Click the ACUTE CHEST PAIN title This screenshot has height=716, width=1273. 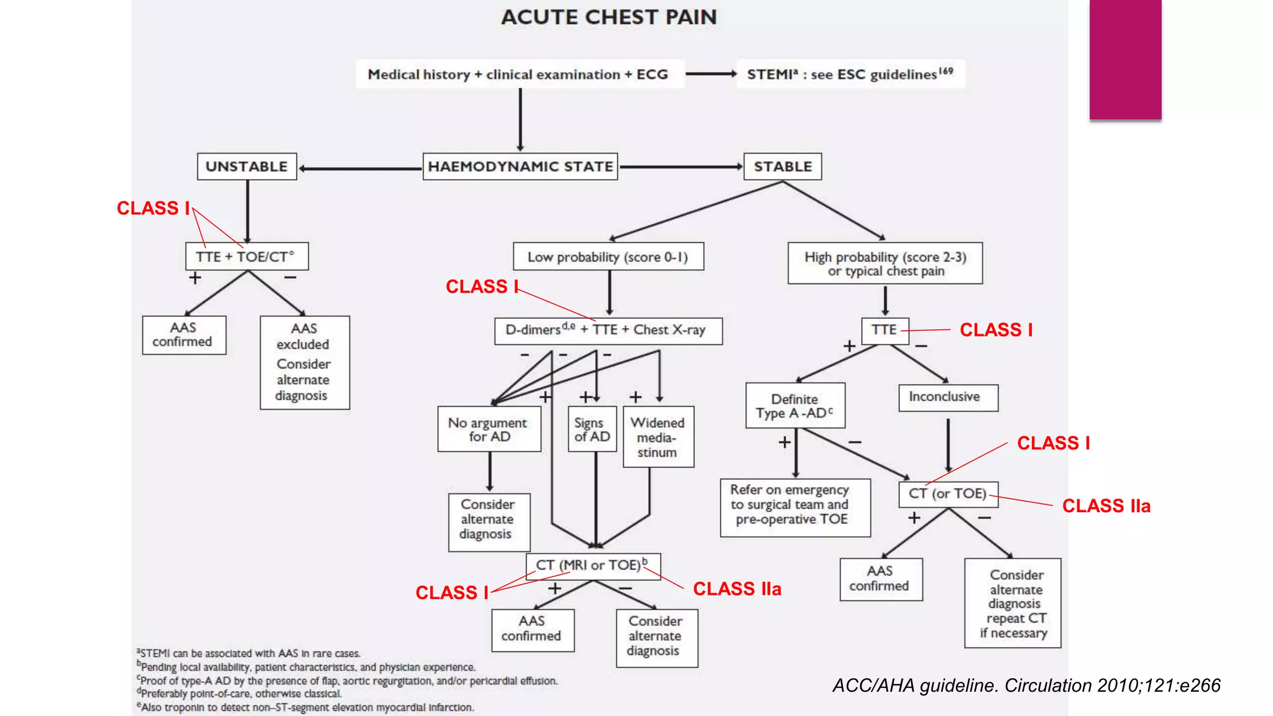pyautogui.click(x=609, y=17)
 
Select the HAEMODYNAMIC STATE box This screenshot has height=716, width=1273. pyautogui.click(x=520, y=167)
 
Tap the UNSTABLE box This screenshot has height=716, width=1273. pyautogui.click(x=247, y=167)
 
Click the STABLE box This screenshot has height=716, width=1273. pyautogui.click(x=783, y=167)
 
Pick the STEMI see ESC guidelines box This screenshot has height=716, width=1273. pyautogui.click(x=850, y=75)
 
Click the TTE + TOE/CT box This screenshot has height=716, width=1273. pyautogui.click(x=247, y=256)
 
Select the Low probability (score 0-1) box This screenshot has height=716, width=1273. pyautogui.click(x=608, y=257)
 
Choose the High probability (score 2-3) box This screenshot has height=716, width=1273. pyautogui.click(x=885, y=264)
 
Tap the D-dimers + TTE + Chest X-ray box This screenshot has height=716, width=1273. pyautogui.click(x=608, y=330)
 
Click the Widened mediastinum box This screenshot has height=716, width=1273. pyautogui.click(x=658, y=437)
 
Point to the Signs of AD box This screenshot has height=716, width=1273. pyautogui.click(x=592, y=429)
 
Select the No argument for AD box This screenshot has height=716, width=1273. pyautogui.click(x=489, y=429)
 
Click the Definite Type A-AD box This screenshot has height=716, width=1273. pyautogui.click(x=795, y=406)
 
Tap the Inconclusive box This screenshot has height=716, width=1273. pyautogui.click(x=948, y=397)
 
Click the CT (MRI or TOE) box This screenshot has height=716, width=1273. pyautogui.click(x=593, y=566)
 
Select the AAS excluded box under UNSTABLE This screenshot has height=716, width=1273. pyautogui.click(x=305, y=362)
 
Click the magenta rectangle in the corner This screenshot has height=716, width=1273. pyautogui.click(x=1125, y=59)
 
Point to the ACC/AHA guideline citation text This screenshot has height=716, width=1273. pyautogui.click(x=1026, y=685)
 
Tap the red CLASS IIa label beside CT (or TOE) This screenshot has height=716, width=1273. pyautogui.click(x=1106, y=506)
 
